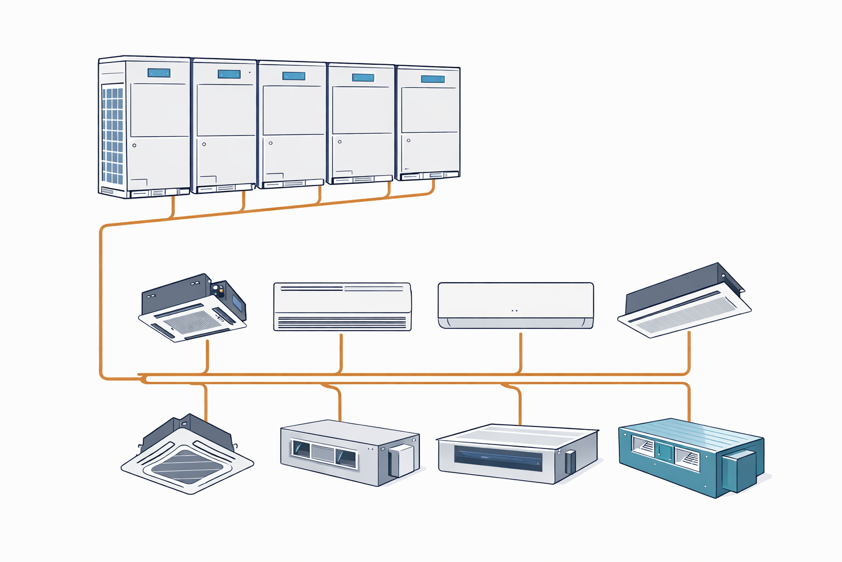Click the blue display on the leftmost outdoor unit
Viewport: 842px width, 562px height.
click(x=159, y=73)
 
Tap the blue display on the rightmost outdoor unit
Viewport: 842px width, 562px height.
click(x=433, y=79)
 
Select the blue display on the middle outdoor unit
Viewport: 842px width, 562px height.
click(x=294, y=76)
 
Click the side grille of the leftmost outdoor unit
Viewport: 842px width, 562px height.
click(x=112, y=135)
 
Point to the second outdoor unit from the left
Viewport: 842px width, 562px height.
click(x=224, y=126)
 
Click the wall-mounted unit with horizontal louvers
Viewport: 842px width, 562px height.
click(x=342, y=307)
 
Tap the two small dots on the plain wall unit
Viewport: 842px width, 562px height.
click(x=515, y=311)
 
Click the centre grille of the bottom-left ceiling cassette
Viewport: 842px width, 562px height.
click(x=187, y=467)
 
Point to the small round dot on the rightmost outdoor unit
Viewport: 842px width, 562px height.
click(x=408, y=140)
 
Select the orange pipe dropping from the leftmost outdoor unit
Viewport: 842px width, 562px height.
click(x=173, y=207)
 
